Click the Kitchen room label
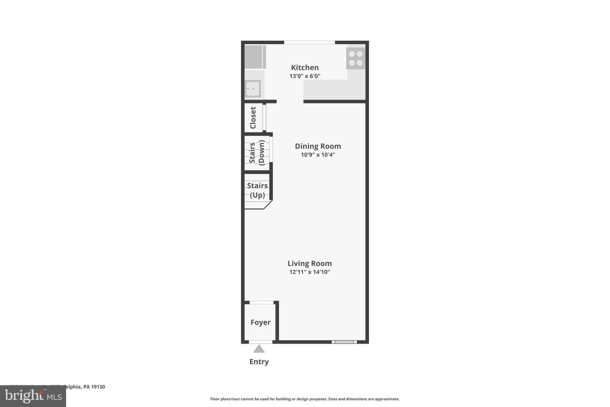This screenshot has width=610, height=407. click(305, 67)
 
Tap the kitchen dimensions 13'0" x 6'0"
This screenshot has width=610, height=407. click(305, 76)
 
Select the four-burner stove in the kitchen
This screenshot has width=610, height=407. click(356, 58)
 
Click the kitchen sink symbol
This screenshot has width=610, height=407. click(253, 89)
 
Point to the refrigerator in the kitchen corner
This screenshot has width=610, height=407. click(255, 57)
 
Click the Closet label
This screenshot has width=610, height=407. click(253, 118)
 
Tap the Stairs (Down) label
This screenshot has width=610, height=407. click(257, 153)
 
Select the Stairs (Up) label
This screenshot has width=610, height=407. click(257, 190)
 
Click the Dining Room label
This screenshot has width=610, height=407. click(318, 146)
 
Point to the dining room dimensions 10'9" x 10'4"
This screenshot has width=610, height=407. click(318, 155)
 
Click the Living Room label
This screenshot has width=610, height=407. click(309, 263)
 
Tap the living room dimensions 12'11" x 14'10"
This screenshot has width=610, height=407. click(309, 272)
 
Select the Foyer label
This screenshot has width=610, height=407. click(260, 322)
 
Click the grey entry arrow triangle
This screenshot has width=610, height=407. click(259, 349)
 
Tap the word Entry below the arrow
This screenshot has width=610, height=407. click(259, 362)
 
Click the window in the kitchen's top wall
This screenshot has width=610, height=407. click(309, 42)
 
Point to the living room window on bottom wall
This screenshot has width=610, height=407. click(344, 342)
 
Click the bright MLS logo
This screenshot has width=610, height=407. click(33, 396)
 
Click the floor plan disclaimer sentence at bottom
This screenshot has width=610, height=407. click(305, 399)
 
